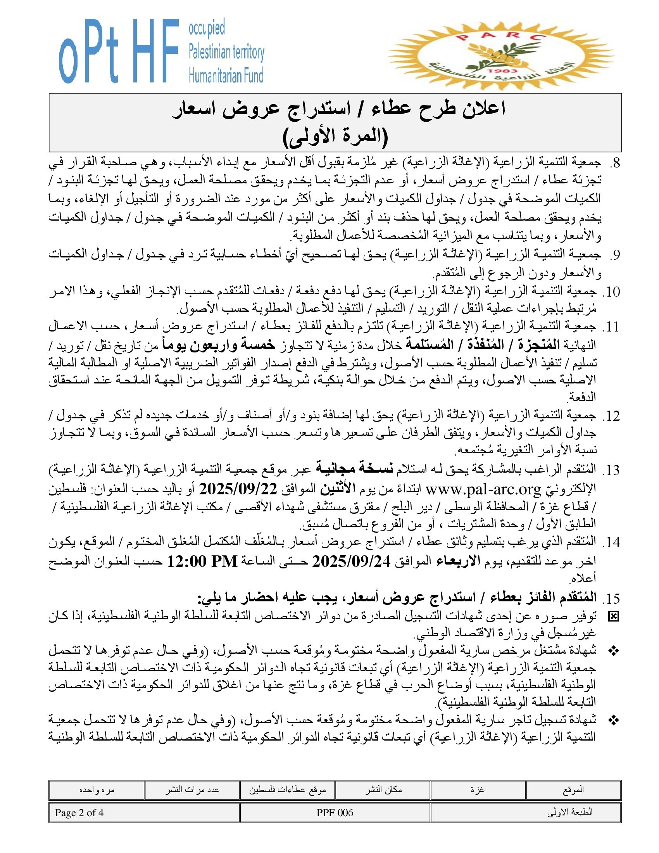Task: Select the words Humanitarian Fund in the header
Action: point(226,74)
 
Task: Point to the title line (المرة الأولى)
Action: point(335,137)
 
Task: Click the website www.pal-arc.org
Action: point(483,489)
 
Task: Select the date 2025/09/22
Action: point(238,489)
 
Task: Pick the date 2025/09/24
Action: point(351,562)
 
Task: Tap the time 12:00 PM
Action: point(202,562)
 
